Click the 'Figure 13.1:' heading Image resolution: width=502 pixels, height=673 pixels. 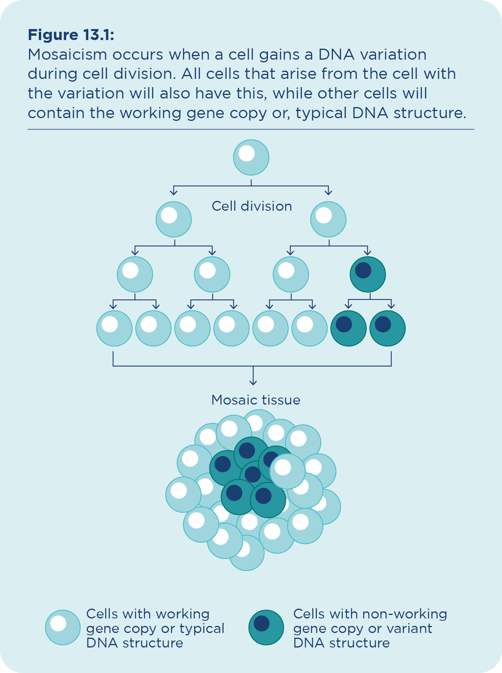pos(71,35)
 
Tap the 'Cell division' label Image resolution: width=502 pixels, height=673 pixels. pos(252,206)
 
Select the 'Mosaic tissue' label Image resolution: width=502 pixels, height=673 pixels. pos(256,400)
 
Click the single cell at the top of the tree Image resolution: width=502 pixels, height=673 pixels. pos(251,157)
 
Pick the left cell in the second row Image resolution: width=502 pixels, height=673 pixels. pos(174,219)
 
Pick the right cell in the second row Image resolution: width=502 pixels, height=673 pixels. pos(328,219)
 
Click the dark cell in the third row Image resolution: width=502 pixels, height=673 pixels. pos(368,274)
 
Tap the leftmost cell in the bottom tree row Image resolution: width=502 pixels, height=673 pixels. pos(115,328)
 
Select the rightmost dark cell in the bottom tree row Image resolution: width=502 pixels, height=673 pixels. pos(387,328)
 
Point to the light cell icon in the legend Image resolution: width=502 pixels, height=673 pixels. pos(63,627)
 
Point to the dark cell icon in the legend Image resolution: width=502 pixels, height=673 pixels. pos(266,627)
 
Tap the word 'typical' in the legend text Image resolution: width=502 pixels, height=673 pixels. pos(202,628)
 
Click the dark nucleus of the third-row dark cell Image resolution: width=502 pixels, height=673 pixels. pos(363,270)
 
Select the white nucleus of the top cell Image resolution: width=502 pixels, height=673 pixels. pos(247,153)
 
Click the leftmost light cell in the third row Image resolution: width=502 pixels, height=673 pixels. pos(135,274)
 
